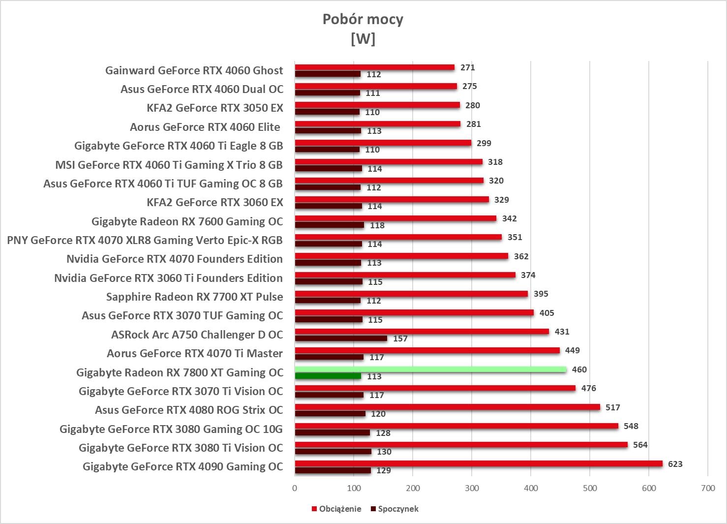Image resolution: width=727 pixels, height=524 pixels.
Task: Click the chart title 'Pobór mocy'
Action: click(x=363, y=19)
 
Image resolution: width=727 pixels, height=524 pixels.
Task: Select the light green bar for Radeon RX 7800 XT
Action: click(x=430, y=370)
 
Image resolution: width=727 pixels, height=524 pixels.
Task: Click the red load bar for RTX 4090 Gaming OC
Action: click(x=478, y=463)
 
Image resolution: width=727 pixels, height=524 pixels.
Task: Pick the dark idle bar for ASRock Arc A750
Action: click(x=341, y=339)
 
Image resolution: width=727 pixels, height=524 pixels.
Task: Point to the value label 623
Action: click(x=675, y=464)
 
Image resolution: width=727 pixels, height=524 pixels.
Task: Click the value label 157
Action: click(x=400, y=339)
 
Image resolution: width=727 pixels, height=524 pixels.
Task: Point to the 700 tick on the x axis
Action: click(x=708, y=488)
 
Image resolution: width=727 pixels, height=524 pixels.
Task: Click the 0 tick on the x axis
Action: click(x=295, y=488)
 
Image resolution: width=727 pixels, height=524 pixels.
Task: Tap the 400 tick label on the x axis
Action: click(x=531, y=488)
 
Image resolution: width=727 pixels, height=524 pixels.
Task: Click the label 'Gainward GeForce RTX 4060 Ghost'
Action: click(x=194, y=70)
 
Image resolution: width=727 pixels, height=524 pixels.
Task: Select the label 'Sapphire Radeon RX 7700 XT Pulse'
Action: click(x=194, y=297)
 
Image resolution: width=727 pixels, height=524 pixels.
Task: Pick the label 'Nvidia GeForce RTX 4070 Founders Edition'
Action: click(x=175, y=259)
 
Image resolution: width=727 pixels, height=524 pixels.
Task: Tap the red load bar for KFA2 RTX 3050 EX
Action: click(x=377, y=105)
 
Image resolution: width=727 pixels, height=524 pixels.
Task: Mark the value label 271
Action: click(x=467, y=67)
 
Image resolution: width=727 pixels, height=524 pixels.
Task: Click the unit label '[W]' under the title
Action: click(x=363, y=38)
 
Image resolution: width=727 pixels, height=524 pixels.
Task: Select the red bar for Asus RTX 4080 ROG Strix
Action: click(x=447, y=407)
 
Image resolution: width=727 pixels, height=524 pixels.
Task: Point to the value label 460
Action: click(x=579, y=370)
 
